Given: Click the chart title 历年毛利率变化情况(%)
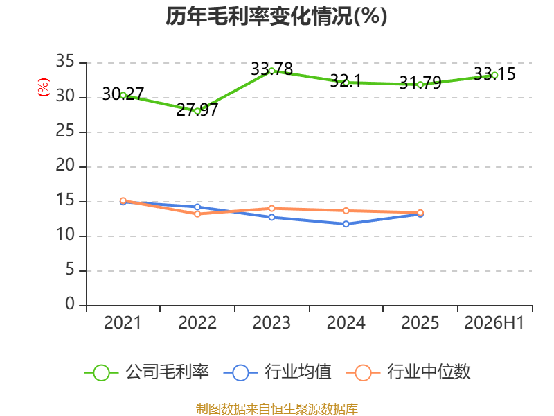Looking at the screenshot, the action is pyautogui.click(x=276, y=16).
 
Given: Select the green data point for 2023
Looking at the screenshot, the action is pyautogui.click(x=271, y=71).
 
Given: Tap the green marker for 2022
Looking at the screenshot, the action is pyautogui.click(x=197, y=111).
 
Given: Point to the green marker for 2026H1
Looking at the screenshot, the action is pyautogui.click(x=494, y=75).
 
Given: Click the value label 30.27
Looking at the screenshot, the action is pyautogui.click(x=123, y=94).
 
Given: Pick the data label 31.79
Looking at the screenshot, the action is pyautogui.click(x=420, y=83).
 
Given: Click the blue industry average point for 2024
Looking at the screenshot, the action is pyautogui.click(x=346, y=224).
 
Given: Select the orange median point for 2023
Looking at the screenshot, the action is pyautogui.click(x=271, y=209).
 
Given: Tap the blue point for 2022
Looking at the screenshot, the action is pyautogui.click(x=197, y=207).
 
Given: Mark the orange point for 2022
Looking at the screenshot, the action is pyautogui.click(x=197, y=214).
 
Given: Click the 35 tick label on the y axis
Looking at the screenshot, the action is pyautogui.click(x=65, y=62).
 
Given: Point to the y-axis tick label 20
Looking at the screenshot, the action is pyautogui.click(x=65, y=166).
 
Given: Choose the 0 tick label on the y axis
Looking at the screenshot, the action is pyautogui.click(x=70, y=304).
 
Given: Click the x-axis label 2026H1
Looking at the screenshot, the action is pyautogui.click(x=494, y=322).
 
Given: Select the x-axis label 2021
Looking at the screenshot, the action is pyautogui.click(x=123, y=322).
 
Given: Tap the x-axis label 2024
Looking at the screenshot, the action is pyautogui.click(x=346, y=322).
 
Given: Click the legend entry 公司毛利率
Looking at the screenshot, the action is pyautogui.click(x=147, y=372).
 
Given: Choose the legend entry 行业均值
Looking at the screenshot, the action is pyautogui.click(x=278, y=372).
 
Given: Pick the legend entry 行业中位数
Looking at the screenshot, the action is pyautogui.click(x=408, y=372).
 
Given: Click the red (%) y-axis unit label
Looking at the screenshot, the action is pyautogui.click(x=44, y=87).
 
